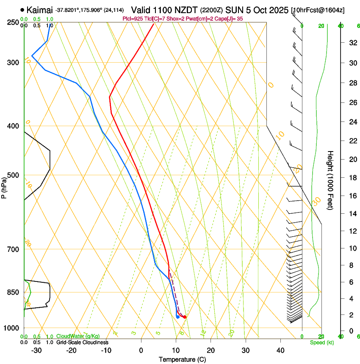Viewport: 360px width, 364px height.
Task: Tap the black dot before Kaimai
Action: point(22,10)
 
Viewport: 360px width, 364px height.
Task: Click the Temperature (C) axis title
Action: point(183,359)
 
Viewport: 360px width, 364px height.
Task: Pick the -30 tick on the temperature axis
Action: point(36,350)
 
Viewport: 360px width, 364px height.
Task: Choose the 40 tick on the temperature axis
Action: point(280,350)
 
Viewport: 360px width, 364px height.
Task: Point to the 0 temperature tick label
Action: point(141,350)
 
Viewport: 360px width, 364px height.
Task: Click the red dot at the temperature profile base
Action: point(185,317)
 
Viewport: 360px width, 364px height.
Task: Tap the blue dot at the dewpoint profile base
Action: point(177,317)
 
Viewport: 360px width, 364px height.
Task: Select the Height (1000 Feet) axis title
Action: point(331,180)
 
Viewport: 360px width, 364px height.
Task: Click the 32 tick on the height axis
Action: point(352,43)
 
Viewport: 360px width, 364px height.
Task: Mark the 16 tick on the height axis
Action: point(352,196)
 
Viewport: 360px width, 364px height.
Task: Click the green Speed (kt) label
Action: point(322,342)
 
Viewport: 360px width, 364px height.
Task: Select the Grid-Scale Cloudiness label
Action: point(82,342)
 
